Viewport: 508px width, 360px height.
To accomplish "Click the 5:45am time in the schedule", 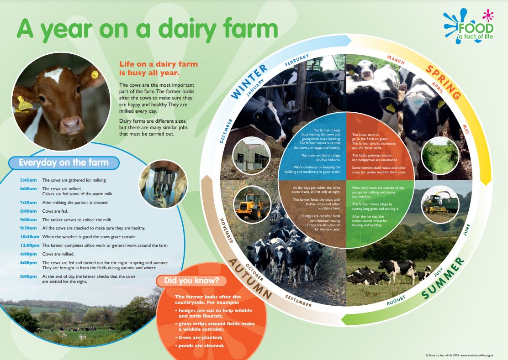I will tap(28, 180).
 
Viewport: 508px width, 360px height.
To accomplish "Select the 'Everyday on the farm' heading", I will tap(63, 162).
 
